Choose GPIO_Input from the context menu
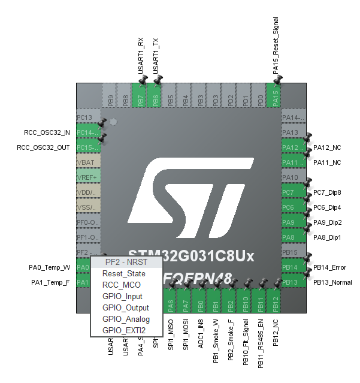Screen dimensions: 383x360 122,296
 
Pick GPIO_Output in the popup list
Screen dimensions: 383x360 125,307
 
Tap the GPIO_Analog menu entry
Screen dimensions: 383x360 126,319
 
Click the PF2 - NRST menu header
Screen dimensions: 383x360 125,262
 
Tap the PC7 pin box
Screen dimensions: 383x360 290,192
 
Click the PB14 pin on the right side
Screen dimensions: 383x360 290,267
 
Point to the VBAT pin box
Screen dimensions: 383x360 89,162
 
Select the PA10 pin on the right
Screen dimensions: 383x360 290,177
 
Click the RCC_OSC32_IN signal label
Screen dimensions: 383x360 43,132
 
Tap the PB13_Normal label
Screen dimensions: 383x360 333,282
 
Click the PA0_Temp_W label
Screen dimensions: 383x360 49,267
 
